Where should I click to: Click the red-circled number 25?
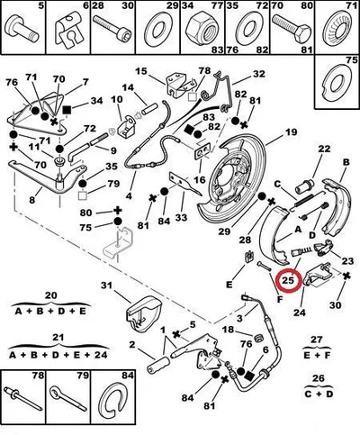(x=288, y=281)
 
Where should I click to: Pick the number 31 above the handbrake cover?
(x=106, y=285)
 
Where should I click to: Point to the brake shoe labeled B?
(x=336, y=204)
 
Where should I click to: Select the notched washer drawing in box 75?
(x=337, y=82)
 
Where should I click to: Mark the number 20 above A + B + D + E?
(x=50, y=295)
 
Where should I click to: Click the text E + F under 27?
(x=317, y=356)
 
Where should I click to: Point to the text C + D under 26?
(x=319, y=394)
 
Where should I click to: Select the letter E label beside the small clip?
(x=229, y=285)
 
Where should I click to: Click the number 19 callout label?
(x=291, y=131)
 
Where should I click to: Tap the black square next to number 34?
(x=67, y=111)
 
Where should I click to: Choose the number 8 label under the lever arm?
(x=32, y=200)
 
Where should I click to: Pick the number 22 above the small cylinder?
(x=324, y=149)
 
